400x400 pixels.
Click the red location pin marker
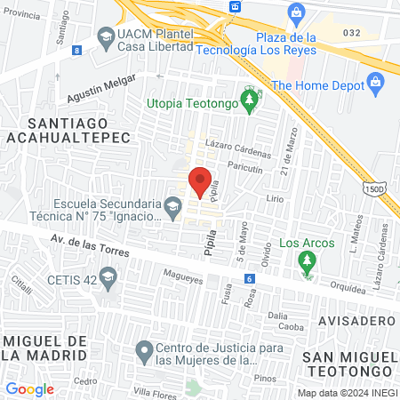[201, 180]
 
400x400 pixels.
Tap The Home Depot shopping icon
[375, 84]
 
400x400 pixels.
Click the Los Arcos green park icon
[307, 261]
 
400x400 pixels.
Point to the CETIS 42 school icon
[108, 279]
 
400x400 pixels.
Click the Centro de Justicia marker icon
[143, 352]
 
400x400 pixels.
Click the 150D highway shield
[373, 188]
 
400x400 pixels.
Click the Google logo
[29, 388]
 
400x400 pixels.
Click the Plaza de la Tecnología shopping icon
[296, 12]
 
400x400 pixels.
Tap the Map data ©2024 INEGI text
[346, 392]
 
